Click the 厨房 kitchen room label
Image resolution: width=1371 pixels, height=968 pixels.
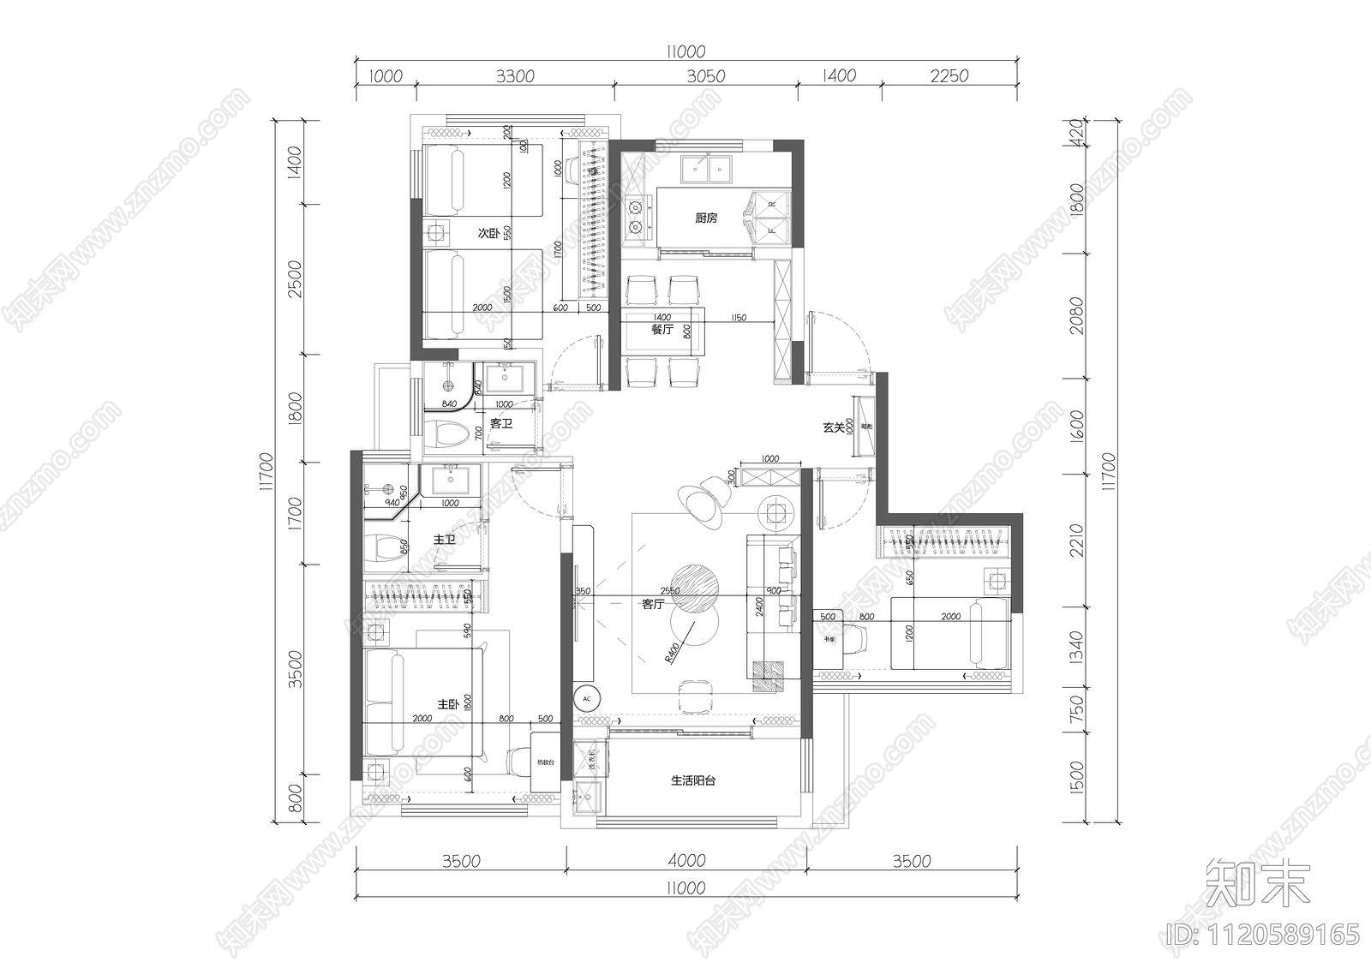pyautogui.click(x=705, y=218)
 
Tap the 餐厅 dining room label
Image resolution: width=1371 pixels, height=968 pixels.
pyautogui.click(x=662, y=329)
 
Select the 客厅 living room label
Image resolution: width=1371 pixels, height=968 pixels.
pyautogui.click(x=653, y=604)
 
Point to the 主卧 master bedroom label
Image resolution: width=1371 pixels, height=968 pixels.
pyautogui.click(x=448, y=703)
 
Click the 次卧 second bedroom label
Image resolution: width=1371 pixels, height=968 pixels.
pyautogui.click(x=488, y=233)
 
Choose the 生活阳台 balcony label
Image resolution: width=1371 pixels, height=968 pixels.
pyautogui.click(x=692, y=780)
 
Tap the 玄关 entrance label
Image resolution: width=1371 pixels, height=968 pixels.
pyautogui.click(x=833, y=427)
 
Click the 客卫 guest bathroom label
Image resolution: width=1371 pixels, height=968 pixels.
pyautogui.click(x=501, y=423)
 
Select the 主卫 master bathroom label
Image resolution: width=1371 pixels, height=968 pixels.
pyautogui.click(x=444, y=540)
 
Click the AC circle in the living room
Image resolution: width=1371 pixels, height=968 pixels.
pyautogui.click(x=587, y=698)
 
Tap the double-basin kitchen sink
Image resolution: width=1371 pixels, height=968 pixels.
pyautogui.click(x=708, y=170)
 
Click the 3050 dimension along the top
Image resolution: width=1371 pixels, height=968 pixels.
pyautogui.click(x=705, y=76)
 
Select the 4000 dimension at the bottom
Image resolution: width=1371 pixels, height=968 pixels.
pyautogui.click(x=685, y=861)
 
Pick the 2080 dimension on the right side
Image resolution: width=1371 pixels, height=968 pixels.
pyautogui.click(x=1077, y=315)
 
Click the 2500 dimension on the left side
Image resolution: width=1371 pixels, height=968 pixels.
pyautogui.click(x=295, y=279)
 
